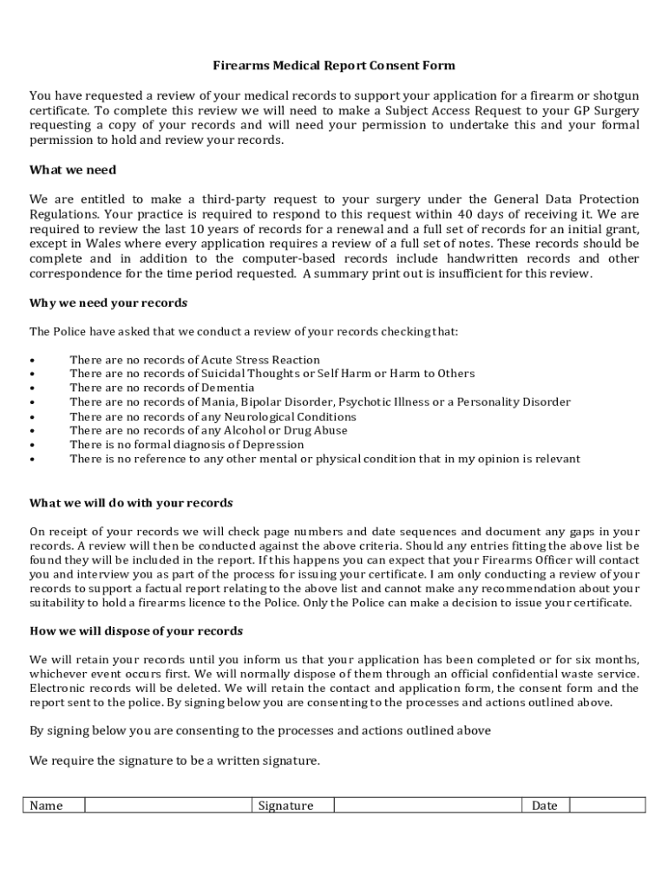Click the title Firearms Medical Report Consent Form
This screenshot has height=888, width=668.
[x=334, y=66]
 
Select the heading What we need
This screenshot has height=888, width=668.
[x=73, y=170]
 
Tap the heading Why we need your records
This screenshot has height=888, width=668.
[x=108, y=304]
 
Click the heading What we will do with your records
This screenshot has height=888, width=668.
[x=131, y=503]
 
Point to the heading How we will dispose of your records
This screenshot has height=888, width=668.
[x=136, y=630]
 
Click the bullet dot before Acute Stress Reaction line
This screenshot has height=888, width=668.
[x=32, y=360]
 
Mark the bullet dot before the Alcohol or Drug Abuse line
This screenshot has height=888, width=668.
[x=32, y=431]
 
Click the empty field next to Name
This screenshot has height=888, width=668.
[x=168, y=806]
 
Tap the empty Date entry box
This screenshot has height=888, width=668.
[x=606, y=806]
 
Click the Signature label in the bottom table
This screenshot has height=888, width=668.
[x=285, y=806]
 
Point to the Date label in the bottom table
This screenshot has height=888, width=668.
[x=544, y=806]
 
